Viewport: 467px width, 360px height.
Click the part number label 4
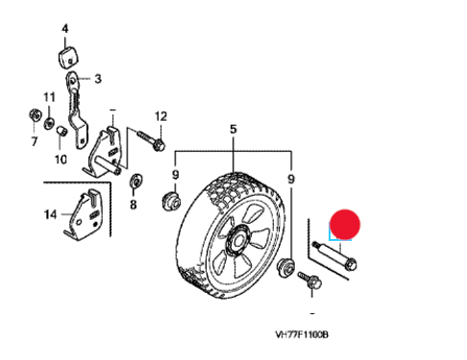[65, 29]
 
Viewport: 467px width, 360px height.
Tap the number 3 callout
[98, 79]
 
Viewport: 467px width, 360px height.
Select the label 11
[49, 97]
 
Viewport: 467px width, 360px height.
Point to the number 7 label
[35, 141]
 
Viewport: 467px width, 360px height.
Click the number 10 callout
[61, 159]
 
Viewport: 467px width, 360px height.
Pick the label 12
[160, 116]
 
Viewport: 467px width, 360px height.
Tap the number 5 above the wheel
[233, 129]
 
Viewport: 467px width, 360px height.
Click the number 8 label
[134, 204]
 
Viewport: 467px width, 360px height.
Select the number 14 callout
[50, 214]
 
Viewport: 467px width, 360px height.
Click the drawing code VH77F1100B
[302, 335]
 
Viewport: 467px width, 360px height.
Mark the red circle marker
[345, 225]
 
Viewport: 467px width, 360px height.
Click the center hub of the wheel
[237, 241]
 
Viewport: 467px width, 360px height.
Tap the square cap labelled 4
[68, 58]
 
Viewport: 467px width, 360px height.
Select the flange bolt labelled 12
[151, 141]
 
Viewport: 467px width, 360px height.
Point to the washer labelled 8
[135, 181]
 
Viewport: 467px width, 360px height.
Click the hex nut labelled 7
[35, 115]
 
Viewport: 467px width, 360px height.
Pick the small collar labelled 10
[61, 132]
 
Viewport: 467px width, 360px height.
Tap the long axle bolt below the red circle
[334, 255]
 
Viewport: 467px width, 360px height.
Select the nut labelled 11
[49, 123]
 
